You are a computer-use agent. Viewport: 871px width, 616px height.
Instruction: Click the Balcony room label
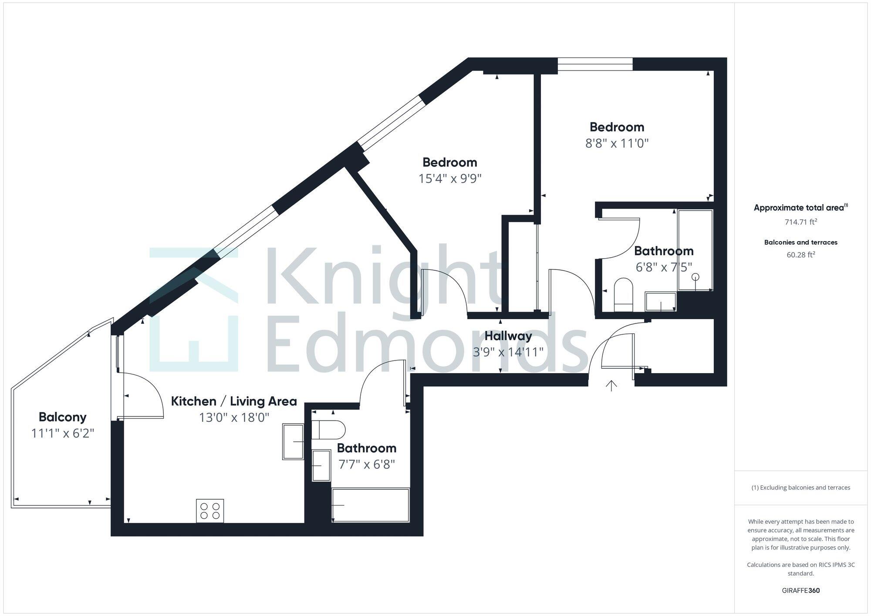[x=62, y=417]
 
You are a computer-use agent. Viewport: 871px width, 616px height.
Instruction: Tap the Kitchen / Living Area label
[x=234, y=401]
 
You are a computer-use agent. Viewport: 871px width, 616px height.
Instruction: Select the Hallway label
[x=508, y=336]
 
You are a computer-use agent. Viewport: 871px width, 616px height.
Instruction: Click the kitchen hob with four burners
[x=210, y=511]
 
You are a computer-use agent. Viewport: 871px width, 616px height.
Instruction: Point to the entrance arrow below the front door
[x=611, y=386]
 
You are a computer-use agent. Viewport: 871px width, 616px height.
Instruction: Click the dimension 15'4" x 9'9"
[x=450, y=179]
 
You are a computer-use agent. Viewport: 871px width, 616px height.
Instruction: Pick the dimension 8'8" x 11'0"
[x=617, y=143]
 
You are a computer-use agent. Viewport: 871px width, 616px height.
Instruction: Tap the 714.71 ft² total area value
[x=800, y=222]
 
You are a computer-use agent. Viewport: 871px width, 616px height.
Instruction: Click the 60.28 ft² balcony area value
[x=800, y=255]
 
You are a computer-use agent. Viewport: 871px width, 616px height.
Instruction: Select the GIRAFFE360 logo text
[x=800, y=591]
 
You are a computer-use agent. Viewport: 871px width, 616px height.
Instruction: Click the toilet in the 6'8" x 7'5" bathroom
[x=623, y=294]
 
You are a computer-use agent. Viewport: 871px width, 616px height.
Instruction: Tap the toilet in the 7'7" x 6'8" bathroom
[x=329, y=430]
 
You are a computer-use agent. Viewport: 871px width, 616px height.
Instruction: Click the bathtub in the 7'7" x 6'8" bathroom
[x=370, y=505]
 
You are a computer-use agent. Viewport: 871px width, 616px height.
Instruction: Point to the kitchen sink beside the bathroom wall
[x=293, y=441]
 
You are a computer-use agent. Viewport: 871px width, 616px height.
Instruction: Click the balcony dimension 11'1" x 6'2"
[x=63, y=434]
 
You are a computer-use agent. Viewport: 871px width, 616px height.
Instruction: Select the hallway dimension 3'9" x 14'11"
[x=508, y=352]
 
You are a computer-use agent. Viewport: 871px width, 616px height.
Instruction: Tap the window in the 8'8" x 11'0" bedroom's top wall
[x=595, y=64]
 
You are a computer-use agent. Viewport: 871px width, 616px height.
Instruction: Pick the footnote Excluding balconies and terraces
[x=800, y=488]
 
